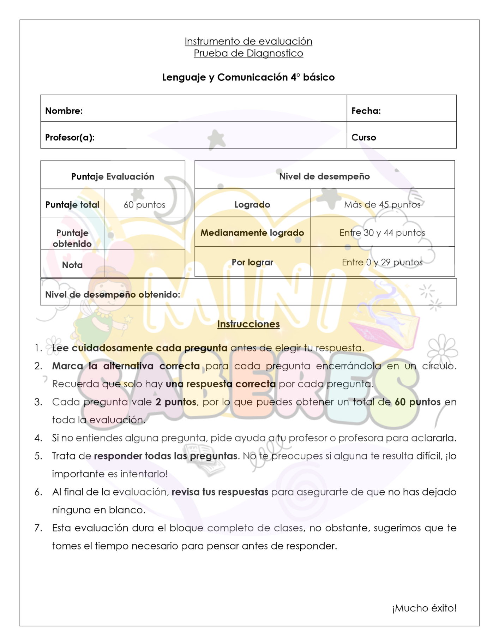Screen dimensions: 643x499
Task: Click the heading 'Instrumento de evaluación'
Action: (248, 41)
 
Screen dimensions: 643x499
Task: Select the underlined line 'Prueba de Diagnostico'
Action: (248, 53)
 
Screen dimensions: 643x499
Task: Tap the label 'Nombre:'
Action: (64, 111)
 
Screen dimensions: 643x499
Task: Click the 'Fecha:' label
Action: (366, 111)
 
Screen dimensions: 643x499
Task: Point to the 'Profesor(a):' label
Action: (70, 137)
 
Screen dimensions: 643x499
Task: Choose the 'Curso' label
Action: (363, 137)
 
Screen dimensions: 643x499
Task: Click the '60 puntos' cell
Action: (144, 205)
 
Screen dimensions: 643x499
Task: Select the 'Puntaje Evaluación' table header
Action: (113, 176)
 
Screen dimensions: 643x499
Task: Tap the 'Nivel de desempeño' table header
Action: (324, 176)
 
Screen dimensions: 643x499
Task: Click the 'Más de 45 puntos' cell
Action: (382, 205)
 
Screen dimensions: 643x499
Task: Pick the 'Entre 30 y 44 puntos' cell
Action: (382, 233)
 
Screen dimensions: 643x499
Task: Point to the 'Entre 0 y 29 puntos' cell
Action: (382, 262)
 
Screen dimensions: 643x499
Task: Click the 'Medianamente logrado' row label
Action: (252, 233)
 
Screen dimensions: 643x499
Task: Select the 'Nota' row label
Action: (72, 265)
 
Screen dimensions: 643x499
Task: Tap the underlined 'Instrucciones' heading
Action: (248, 324)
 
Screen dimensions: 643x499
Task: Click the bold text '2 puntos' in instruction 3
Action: (176, 402)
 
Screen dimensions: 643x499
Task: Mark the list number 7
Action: (38, 528)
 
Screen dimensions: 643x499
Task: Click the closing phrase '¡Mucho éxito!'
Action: (424, 608)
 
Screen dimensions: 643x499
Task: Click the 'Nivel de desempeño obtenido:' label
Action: (113, 295)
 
